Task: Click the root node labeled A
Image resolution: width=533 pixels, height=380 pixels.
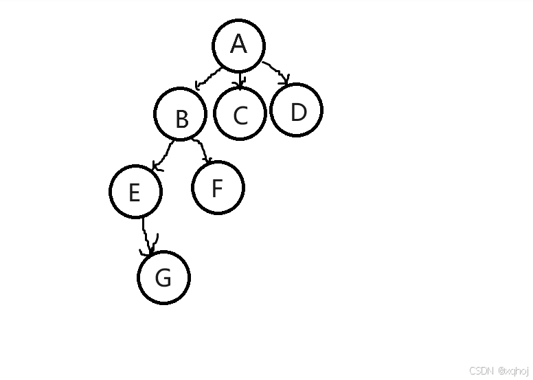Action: [x=238, y=45]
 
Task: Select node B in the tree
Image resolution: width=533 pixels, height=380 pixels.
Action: [x=181, y=115]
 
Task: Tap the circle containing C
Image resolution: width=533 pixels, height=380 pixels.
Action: [x=240, y=114]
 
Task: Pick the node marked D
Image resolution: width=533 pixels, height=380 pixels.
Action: [x=297, y=110]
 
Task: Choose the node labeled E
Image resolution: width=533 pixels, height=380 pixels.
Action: [x=135, y=190]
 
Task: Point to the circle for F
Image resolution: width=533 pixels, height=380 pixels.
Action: [x=218, y=187]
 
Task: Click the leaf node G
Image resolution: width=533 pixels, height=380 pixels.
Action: [x=163, y=278]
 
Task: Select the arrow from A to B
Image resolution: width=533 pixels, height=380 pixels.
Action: [x=209, y=76]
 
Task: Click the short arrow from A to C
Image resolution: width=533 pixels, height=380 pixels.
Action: [x=239, y=79]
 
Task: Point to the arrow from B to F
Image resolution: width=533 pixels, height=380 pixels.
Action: [x=200, y=149]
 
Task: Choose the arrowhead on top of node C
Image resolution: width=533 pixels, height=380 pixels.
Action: [x=239, y=86]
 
